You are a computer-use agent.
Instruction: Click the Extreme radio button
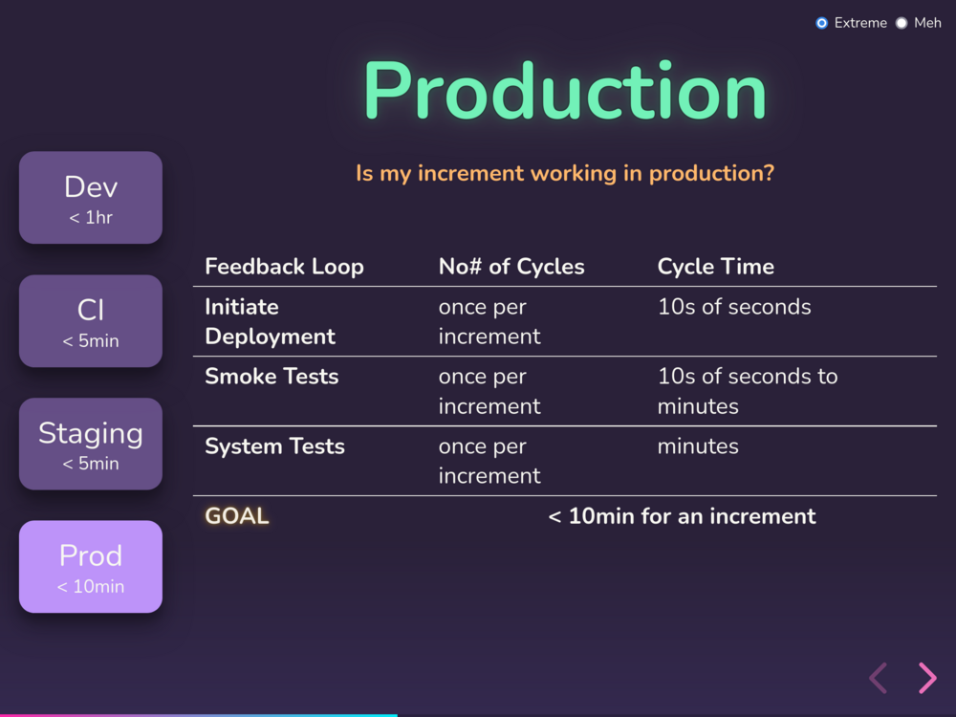[x=821, y=23]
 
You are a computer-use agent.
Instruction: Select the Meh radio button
[x=902, y=23]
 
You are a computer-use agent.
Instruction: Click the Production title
[x=565, y=92]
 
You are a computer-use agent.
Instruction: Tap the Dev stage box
[x=91, y=198]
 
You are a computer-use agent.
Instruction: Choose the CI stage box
[x=91, y=320]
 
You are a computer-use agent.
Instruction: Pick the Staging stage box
[x=91, y=444]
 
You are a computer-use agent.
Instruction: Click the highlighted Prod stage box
[x=91, y=566]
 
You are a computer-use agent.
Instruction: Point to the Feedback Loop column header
[x=284, y=267]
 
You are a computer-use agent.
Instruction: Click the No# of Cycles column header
[x=511, y=267]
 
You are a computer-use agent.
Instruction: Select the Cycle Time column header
[x=716, y=267]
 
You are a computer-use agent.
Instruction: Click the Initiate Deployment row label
[x=271, y=321]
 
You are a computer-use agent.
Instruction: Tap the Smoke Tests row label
[x=272, y=376]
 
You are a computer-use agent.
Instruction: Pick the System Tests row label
[x=275, y=446]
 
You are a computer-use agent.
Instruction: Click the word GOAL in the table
[x=236, y=516]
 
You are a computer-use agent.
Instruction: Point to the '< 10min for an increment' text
[x=682, y=516]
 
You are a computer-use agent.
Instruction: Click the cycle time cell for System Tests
[x=698, y=446]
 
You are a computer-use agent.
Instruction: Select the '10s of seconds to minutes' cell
[x=748, y=391]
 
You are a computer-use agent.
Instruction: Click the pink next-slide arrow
[x=927, y=678]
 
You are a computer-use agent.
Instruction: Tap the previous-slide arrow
[x=878, y=678]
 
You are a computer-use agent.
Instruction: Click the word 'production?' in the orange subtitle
[x=711, y=174]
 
